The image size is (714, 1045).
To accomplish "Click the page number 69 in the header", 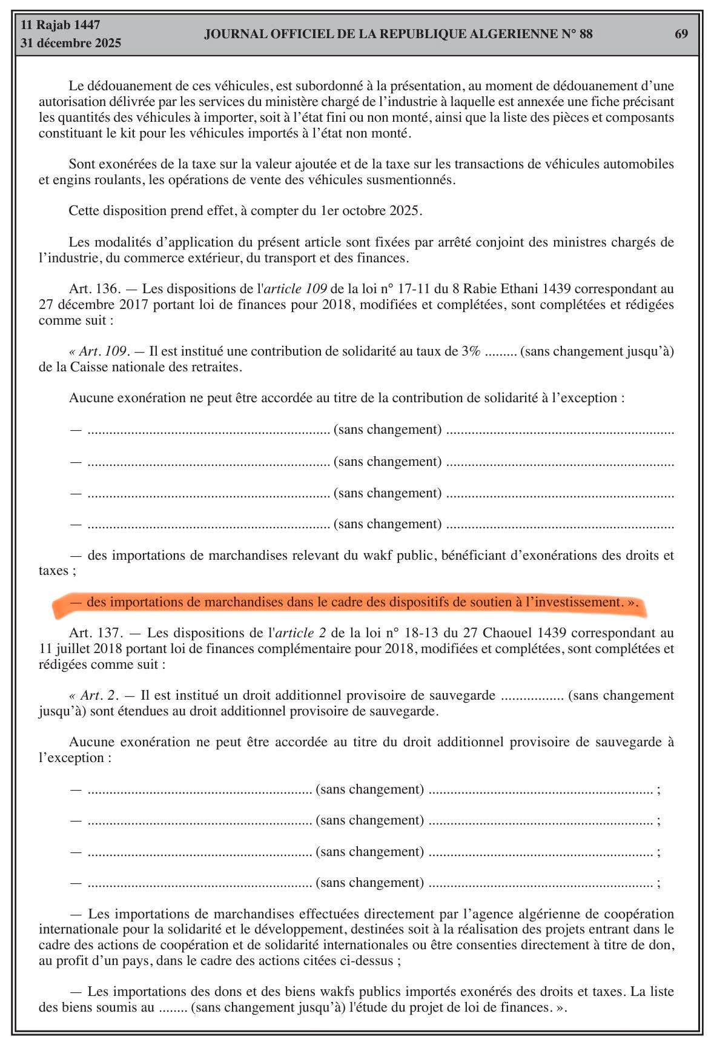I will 681,34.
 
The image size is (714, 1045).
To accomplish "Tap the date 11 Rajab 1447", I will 60,25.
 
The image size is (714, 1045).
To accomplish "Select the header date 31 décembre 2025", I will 70,43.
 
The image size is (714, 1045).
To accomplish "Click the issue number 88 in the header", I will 586,34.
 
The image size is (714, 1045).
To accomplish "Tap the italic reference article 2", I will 300,633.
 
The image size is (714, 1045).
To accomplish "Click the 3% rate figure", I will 471,351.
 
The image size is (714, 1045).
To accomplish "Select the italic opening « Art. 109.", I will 98,351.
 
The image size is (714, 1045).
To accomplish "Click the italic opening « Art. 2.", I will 92,695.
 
